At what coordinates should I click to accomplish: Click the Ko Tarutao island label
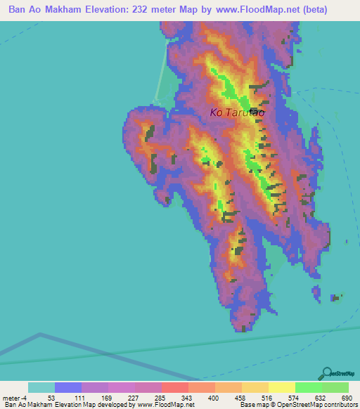coord(236,112)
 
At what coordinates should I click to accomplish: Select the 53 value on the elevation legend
coord(51,397)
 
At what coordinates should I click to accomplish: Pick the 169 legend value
coord(105,397)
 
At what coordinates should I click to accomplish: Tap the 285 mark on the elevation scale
coord(160,397)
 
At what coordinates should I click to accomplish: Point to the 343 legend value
coord(187,397)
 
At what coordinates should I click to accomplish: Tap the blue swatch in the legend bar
coord(68,387)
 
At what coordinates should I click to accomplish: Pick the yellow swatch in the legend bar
coord(282,387)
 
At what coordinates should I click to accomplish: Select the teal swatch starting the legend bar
coord(41,387)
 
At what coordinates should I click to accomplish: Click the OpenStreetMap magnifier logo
coord(326,374)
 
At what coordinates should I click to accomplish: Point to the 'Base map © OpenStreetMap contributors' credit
coord(298,405)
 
